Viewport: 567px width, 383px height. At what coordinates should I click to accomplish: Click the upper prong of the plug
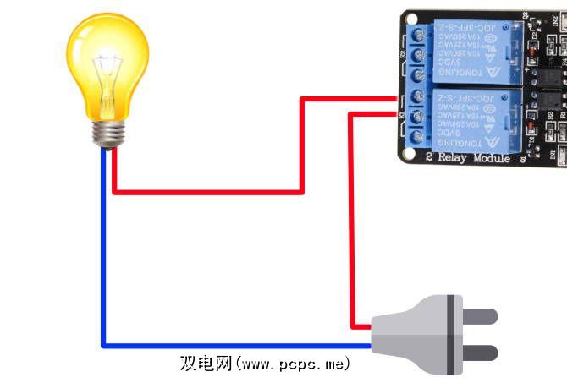point(478,316)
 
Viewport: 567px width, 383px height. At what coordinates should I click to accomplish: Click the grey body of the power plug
point(415,334)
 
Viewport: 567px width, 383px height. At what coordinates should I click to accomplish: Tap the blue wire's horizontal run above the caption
point(237,346)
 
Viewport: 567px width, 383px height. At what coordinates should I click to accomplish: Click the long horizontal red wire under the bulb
point(207,192)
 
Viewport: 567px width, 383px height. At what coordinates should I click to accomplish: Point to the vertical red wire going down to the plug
point(352,220)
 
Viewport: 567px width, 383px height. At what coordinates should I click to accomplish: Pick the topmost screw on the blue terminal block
point(418,34)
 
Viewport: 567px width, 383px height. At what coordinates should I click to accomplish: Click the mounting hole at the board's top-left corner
point(410,19)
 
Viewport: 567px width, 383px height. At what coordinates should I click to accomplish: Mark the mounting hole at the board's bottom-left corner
point(410,153)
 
